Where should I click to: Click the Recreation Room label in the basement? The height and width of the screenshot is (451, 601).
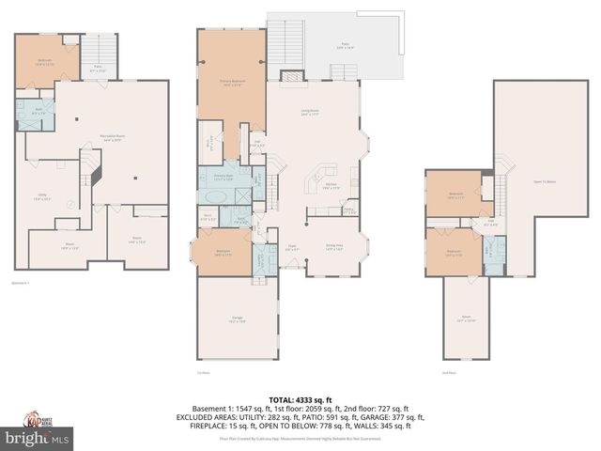pos(113,137)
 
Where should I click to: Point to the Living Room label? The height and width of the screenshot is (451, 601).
pos(310,113)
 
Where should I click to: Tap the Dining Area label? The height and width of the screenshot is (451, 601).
pos(333,246)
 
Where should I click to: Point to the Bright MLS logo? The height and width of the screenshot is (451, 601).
pos(38,438)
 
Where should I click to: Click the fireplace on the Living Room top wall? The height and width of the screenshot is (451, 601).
pos(294,76)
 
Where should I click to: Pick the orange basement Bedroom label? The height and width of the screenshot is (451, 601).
pos(45,63)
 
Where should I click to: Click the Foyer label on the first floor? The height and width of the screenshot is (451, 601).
pos(292,249)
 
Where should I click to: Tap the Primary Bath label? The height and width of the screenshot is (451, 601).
pos(223,177)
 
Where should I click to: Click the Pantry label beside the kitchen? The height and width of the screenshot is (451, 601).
pos(348,211)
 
